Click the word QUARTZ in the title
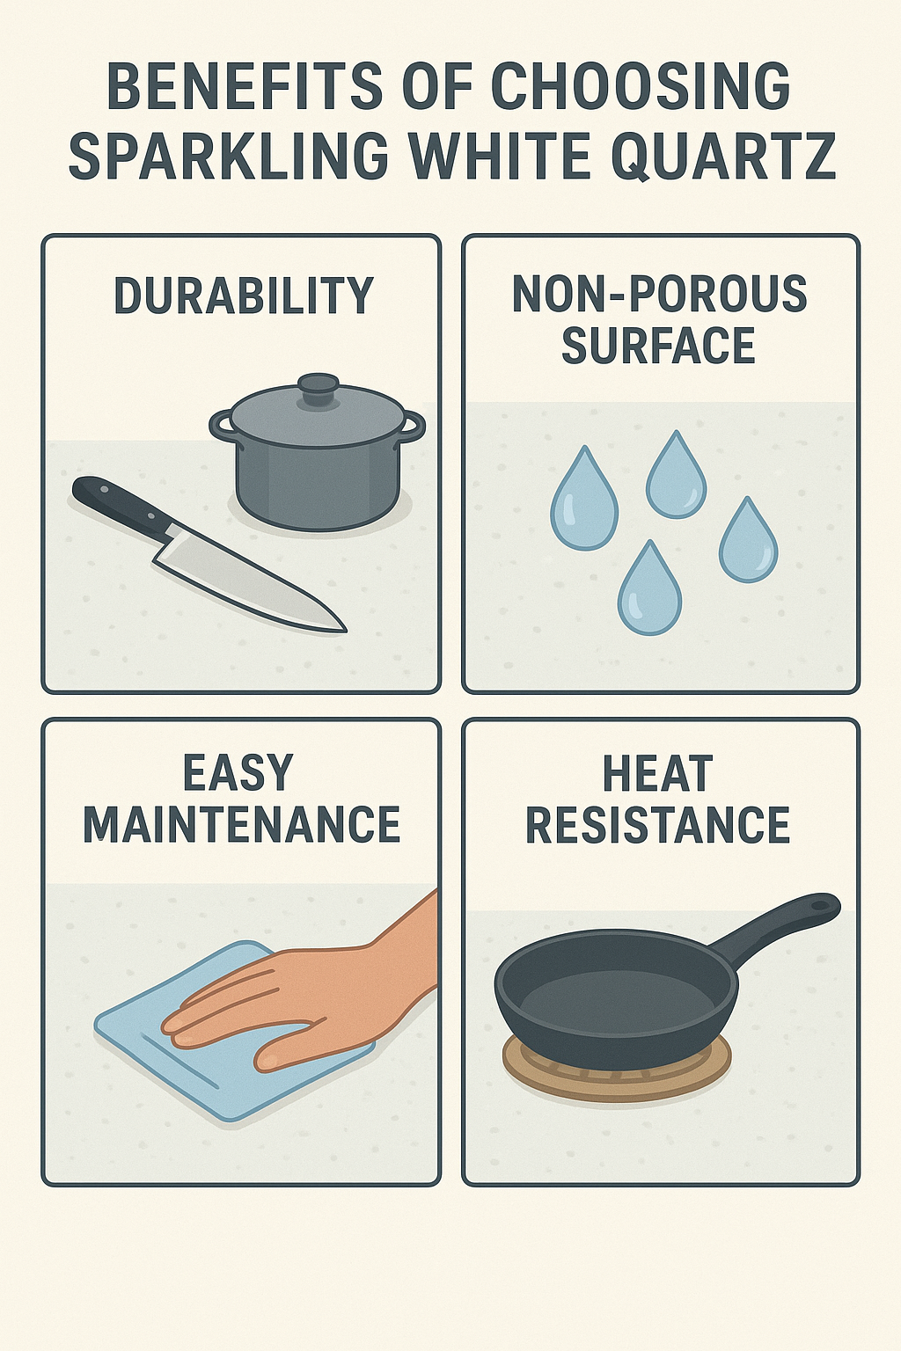tap(723, 155)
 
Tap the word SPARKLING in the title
tap(229, 155)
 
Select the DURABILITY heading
tap(244, 296)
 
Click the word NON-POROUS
tap(660, 294)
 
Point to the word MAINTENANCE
tap(241, 823)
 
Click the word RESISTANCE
tap(658, 824)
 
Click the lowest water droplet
tap(649, 588)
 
